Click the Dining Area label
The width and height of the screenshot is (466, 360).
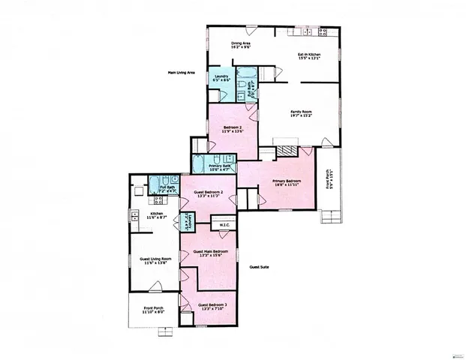tap(240, 46)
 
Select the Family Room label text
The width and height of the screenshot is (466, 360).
tap(301, 114)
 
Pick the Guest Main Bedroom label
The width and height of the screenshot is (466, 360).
tap(210, 253)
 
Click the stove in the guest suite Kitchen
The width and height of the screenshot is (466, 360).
tap(138, 201)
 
